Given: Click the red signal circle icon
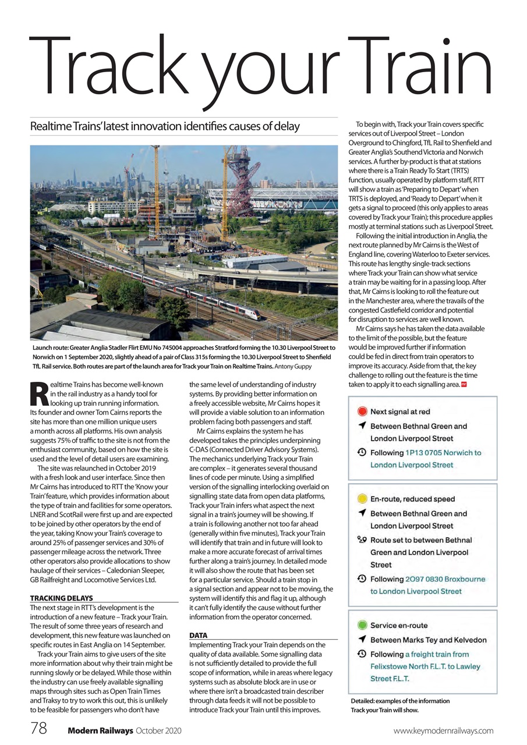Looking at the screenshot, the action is (361, 411).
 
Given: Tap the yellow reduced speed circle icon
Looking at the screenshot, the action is (361, 499).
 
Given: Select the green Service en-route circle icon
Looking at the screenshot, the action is (361, 626).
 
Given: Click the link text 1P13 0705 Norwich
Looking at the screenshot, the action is (443, 452).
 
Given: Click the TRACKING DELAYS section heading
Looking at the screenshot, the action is (61, 598).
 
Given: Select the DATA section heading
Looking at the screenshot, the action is (199, 636).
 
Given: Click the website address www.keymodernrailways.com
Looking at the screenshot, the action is (443, 730).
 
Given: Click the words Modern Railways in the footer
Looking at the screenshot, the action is (100, 730).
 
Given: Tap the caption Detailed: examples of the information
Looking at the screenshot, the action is (399, 701).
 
